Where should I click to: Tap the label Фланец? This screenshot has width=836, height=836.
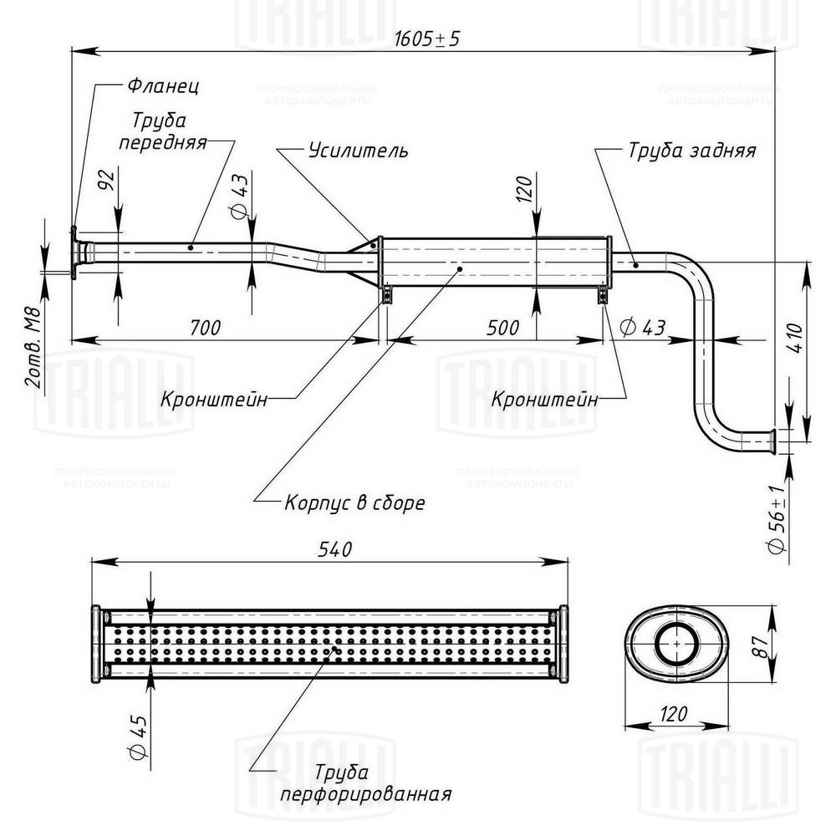tap(163, 86)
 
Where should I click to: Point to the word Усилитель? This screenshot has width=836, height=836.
tap(358, 150)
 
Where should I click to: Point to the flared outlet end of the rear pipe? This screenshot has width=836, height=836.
tap(774, 440)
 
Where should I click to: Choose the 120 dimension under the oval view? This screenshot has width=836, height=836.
tap(670, 713)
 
